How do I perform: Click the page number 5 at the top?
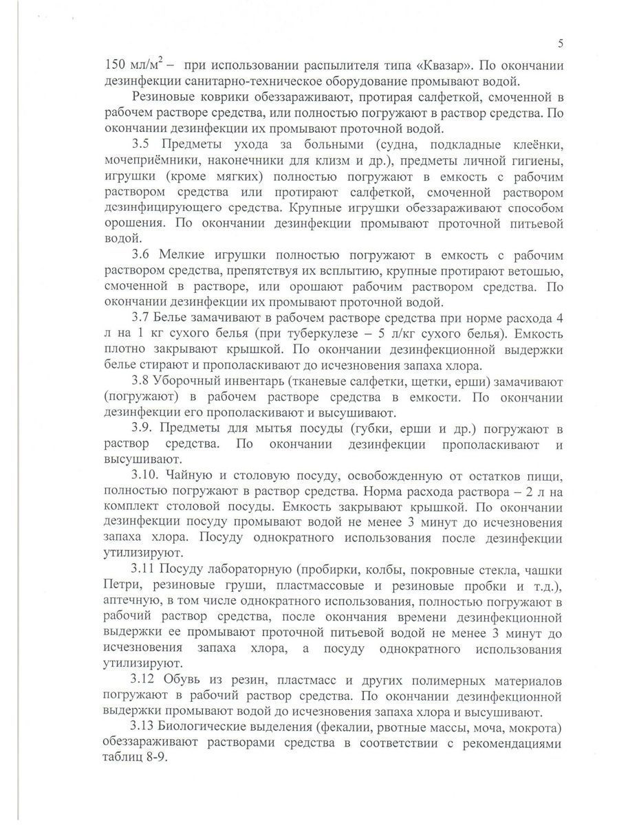coord(561,45)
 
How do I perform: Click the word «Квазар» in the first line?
coord(439,67)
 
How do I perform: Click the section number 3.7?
coord(142,319)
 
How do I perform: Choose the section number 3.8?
coord(142,381)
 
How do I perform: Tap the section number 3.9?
coord(144,428)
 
